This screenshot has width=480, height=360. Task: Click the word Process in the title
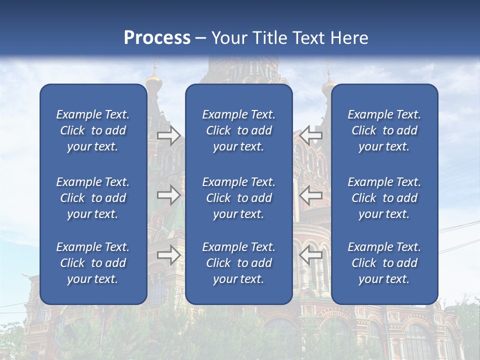coord(157,38)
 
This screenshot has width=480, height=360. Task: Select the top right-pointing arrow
coord(168,135)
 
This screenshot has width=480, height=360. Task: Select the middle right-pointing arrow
coord(168,195)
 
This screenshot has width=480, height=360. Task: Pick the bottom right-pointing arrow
coord(168,254)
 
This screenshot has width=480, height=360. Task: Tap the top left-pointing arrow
coord(311,135)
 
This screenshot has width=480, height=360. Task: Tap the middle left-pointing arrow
coord(311,195)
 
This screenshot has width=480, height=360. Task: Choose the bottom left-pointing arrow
coord(311,254)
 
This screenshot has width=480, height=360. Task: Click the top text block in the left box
coord(93,130)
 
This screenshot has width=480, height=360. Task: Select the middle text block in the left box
coord(93,198)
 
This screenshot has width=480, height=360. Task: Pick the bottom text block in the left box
coord(93,263)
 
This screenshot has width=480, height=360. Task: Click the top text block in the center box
coord(239,130)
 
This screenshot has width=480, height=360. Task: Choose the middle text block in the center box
coord(239,198)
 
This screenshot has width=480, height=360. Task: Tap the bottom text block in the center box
coord(239,263)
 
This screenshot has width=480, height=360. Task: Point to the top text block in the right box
coord(384,130)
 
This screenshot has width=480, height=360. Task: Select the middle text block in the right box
coord(384,198)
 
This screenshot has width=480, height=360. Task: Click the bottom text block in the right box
coord(384,263)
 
